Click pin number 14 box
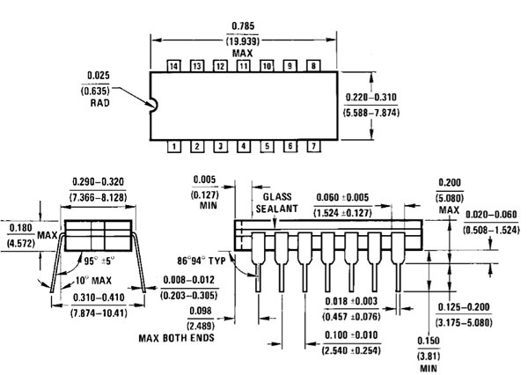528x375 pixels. [173, 66]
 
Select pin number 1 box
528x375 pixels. [173, 146]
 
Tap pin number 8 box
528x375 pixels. [313, 66]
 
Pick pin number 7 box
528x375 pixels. [313, 146]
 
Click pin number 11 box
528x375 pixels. [243, 66]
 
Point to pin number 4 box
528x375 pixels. [244, 146]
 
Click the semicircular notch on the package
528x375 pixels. [157, 105]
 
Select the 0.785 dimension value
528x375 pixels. [243, 26]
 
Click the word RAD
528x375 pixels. [99, 103]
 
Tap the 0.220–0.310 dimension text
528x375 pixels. [371, 97]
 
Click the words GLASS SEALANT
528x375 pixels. [276, 202]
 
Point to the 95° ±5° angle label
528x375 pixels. [99, 261]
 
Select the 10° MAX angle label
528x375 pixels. [93, 280]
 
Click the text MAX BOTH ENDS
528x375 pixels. [177, 338]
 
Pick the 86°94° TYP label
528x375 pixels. [202, 261]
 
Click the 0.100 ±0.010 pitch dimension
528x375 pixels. [351, 335]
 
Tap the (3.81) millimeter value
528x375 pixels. [429, 356]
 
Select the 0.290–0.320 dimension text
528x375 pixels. [99, 181]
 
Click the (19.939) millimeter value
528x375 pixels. [243, 41]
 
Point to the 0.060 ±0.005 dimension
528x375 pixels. [342, 197]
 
